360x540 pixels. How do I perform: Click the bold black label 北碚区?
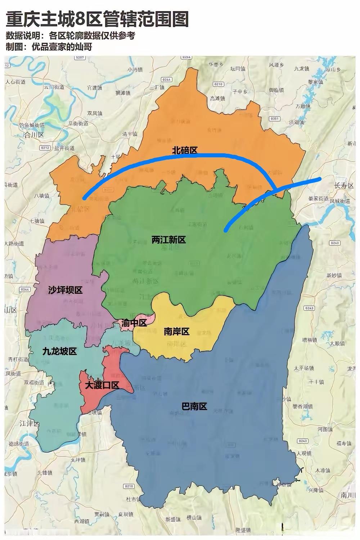185,150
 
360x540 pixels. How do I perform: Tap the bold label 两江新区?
168,240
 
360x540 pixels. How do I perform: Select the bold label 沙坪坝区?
65,290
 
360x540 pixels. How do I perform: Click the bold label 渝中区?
134,323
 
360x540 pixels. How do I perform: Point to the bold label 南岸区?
176,332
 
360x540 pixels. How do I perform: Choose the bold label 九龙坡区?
59,351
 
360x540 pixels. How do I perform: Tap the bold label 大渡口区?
102,385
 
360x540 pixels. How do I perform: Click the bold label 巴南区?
194,406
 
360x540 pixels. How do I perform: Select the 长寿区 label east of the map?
344,186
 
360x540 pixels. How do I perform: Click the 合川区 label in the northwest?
33,135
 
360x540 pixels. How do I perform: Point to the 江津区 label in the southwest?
30,423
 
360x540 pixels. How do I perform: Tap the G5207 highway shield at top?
80,58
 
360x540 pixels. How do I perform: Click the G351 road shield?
275,118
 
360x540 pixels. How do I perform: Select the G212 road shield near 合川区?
45,148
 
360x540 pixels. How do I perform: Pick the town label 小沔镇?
135,70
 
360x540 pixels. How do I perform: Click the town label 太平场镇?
304,368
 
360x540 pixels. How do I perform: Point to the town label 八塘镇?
42,196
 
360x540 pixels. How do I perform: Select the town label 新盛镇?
173,519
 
